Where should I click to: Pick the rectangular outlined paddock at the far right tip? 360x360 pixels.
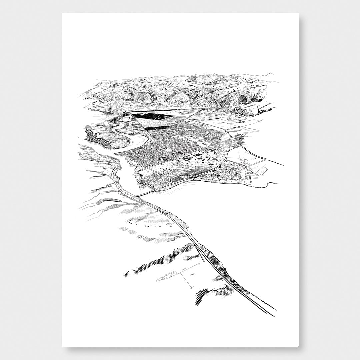(x=262, y=171)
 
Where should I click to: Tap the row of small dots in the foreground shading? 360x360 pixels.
(x=140, y=223)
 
